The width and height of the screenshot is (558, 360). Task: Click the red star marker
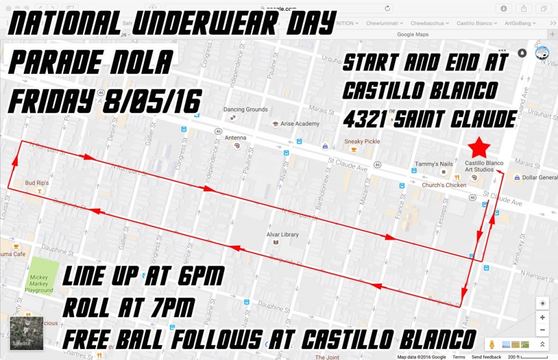tap(480, 147)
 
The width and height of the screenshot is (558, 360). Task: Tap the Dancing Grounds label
tap(245, 109)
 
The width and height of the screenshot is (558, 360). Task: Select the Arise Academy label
tap(300, 124)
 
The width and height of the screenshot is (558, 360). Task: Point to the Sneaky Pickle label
tap(362, 142)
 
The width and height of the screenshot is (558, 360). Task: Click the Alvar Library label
tap(282, 235)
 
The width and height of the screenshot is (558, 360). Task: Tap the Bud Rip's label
tap(37, 183)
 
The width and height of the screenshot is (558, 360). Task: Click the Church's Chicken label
tap(444, 185)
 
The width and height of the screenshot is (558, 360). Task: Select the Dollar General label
tap(539, 178)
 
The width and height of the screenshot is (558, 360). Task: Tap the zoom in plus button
tap(542, 318)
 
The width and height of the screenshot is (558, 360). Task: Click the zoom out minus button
tap(542, 330)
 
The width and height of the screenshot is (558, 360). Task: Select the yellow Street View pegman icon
tap(492, 344)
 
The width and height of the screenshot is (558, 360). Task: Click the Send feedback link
tap(486, 357)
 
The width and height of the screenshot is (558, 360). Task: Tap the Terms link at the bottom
tap(459, 357)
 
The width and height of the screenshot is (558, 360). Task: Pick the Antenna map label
tap(235, 138)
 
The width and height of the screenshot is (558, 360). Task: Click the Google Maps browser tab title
tap(413, 34)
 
